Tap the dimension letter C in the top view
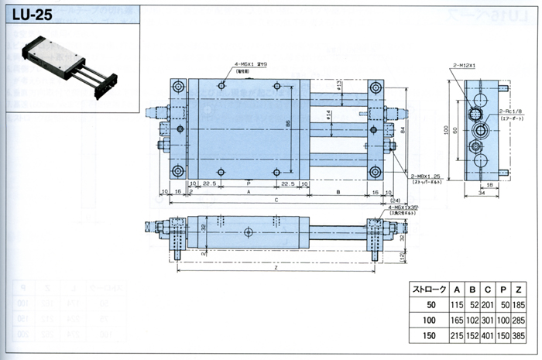point(276,200)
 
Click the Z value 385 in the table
point(522,338)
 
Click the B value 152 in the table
point(475,338)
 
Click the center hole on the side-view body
point(248,231)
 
